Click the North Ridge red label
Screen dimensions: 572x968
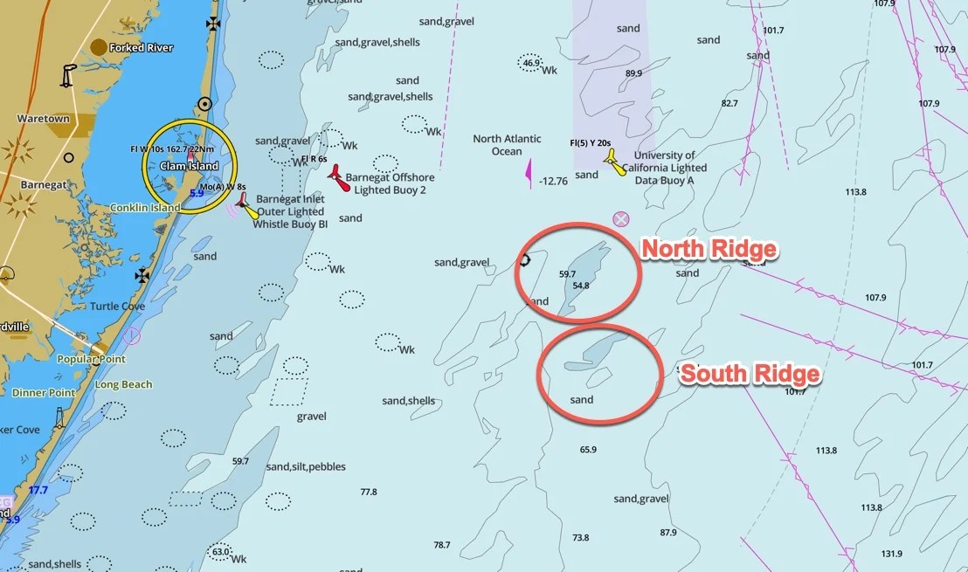point(709,250)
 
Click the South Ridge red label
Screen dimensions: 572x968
point(750,375)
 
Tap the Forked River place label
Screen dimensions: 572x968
point(142,47)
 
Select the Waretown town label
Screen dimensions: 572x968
point(43,118)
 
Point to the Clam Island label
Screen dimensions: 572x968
point(189,166)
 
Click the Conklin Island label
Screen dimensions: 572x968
point(145,208)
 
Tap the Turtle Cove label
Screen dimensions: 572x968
point(117,307)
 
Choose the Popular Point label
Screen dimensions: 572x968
point(91,359)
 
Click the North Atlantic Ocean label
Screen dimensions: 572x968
point(507,145)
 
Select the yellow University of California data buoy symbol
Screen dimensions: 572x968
point(616,162)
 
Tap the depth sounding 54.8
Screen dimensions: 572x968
point(581,286)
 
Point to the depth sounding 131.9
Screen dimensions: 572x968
point(891,554)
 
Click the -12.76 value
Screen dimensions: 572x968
point(553,182)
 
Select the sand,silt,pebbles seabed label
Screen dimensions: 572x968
point(306,466)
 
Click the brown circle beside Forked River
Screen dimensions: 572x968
point(99,47)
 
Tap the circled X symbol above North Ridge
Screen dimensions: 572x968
point(621,218)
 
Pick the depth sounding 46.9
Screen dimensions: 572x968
point(530,63)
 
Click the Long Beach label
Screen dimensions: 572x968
point(123,384)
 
